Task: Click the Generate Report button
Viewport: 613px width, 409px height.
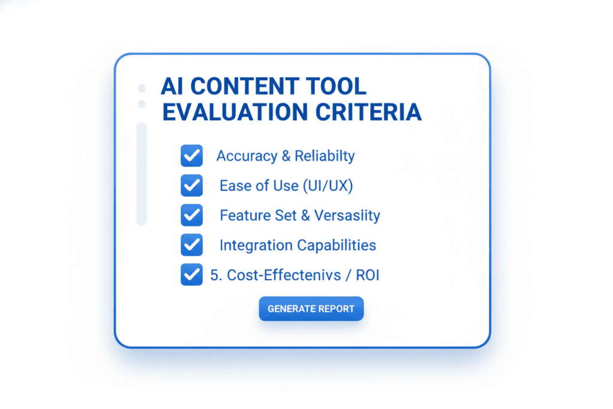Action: coord(311,309)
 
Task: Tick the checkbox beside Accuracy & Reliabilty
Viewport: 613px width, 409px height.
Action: coord(191,156)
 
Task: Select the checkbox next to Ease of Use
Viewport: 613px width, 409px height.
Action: coord(191,186)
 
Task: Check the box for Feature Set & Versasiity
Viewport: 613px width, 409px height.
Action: coord(191,215)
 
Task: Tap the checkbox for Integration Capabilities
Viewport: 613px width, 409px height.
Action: coord(191,244)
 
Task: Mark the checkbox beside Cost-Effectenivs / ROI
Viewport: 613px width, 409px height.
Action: coord(191,275)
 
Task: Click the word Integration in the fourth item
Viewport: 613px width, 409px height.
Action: coord(256,245)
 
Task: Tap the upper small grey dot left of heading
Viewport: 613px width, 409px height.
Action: coord(142,88)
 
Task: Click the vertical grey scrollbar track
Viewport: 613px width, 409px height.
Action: coord(142,174)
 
